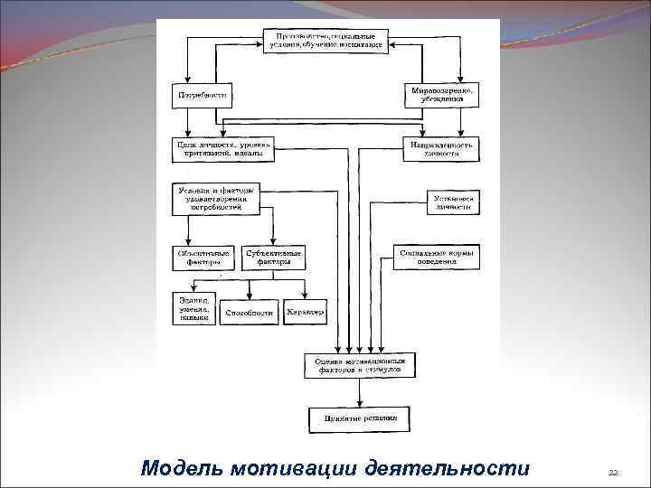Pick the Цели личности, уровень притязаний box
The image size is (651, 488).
tap(222, 149)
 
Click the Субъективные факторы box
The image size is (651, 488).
tap(273, 258)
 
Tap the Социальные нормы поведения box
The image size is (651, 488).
tap(437, 258)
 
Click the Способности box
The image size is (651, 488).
tap(249, 313)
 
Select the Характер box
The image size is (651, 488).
tap(306, 313)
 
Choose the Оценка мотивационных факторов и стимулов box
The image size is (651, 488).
tap(361, 365)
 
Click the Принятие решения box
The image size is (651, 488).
tap(361, 418)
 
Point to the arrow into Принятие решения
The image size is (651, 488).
tap(361, 394)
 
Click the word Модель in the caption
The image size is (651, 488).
tap(183, 468)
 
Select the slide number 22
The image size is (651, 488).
tap(612, 472)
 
